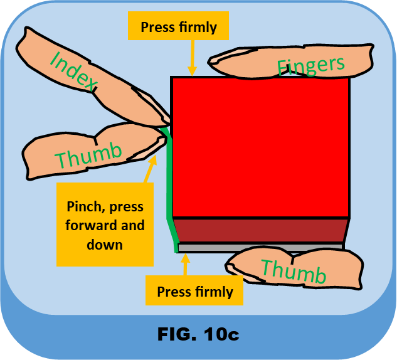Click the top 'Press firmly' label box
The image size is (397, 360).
179,27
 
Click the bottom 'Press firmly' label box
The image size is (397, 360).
194,292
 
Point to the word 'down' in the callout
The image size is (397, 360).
105,243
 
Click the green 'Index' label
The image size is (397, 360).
73,73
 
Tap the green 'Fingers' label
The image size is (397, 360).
310,65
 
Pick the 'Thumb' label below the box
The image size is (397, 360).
293,272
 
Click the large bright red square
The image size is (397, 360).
260,147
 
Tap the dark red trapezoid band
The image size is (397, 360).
260,230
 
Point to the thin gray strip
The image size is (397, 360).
260,247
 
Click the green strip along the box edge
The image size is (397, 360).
169,188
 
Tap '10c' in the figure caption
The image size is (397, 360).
221,334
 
